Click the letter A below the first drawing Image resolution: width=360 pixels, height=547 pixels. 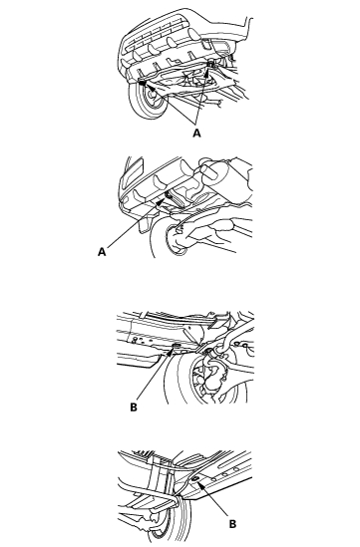click(x=196, y=133)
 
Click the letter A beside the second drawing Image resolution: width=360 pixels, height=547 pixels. click(x=102, y=252)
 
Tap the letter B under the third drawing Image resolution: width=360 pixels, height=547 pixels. click(x=134, y=408)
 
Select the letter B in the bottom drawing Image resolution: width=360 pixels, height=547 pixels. click(x=232, y=524)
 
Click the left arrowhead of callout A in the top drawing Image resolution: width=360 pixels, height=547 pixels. click(x=145, y=84)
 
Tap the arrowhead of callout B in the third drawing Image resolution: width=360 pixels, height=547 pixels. click(x=172, y=351)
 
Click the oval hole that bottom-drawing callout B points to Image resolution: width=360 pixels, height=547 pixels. click(x=195, y=477)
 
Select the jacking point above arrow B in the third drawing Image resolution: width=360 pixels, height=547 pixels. click(x=176, y=346)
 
